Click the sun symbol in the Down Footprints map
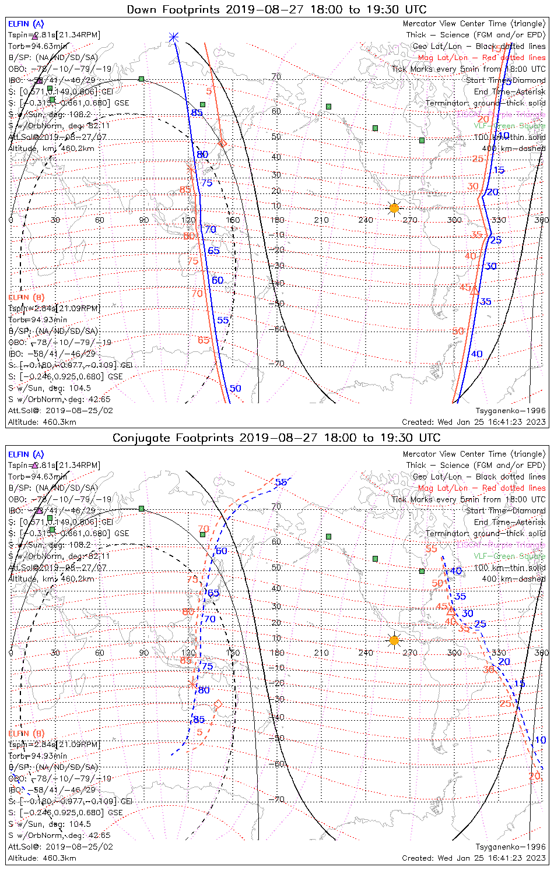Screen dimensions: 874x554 click(x=394, y=207)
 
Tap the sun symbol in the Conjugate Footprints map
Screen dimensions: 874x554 click(x=394, y=640)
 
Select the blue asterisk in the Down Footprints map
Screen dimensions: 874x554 click(x=173, y=37)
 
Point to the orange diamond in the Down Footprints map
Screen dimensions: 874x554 click(x=222, y=143)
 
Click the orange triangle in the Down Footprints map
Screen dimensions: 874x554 click(x=475, y=290)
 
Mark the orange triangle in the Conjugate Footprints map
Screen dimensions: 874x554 click(x=450, y=611)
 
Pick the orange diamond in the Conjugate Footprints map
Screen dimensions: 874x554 click(x=218, y=704)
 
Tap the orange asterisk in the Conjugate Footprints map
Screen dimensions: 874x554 click(x=192, y=683)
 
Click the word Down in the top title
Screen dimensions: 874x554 click(x=142, y=9)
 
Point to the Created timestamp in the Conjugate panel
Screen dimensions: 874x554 click(x=474, y=858)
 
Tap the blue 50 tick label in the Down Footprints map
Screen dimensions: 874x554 click(x=235, y=389)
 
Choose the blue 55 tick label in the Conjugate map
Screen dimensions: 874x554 click(x=281, y=482)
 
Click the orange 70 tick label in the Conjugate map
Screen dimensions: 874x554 click(x=203, y=529)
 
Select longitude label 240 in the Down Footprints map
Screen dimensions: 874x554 click(x=366, y=220)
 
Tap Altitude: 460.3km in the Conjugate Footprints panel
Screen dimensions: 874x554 click(x=42, y=858)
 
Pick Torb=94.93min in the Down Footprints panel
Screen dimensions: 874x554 click(x=37, y=320)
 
